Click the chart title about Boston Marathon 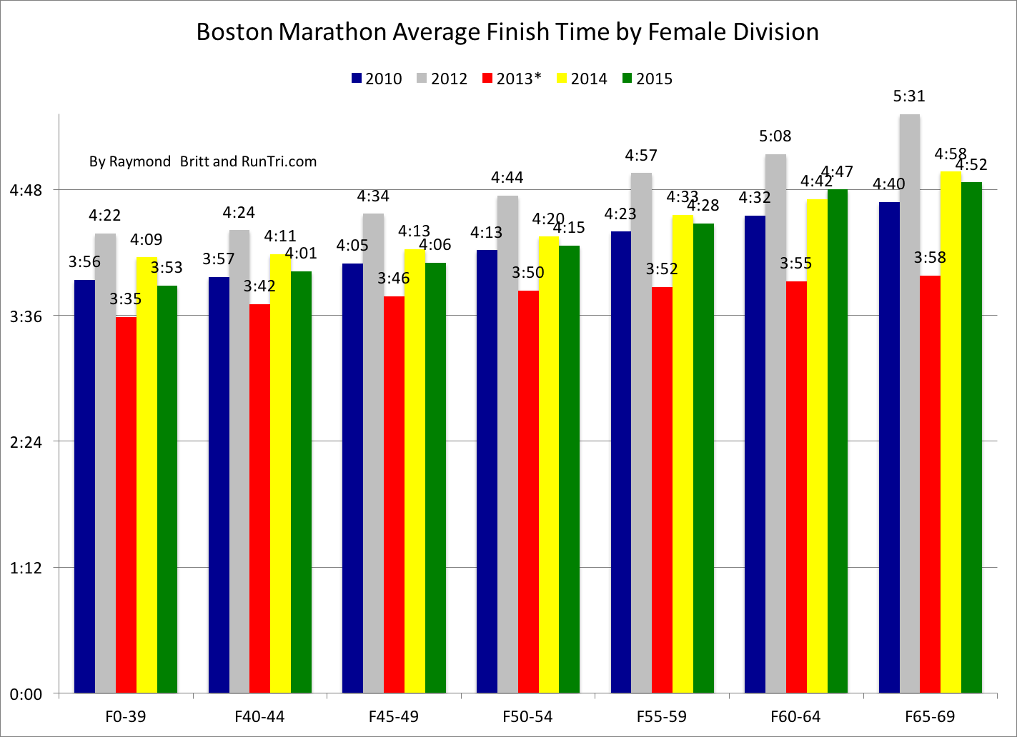(x=507, y=32)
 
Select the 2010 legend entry (x=377, y=79)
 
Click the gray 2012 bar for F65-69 (x=909, y=403)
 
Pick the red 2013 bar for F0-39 (x=126, y=504)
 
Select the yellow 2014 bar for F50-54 (x=548, y=464)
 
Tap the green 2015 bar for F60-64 (x=837, y=441)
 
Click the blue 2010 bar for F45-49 (x=352, y=478)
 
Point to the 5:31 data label (x=909, y=96)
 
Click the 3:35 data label (x=126, y=299)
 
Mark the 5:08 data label (x=775, y=136)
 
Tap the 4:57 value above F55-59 (x=641, y=156)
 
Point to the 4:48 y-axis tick (x=26, y=190)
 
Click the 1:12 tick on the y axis (x=26, y=568)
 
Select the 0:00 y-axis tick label (x=26, y=693)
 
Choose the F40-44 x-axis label (x=259, y=716)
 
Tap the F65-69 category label (x=930, y=716)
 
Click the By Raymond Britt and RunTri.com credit (x=203, y=161)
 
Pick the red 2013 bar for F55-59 (x=662, y=490)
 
